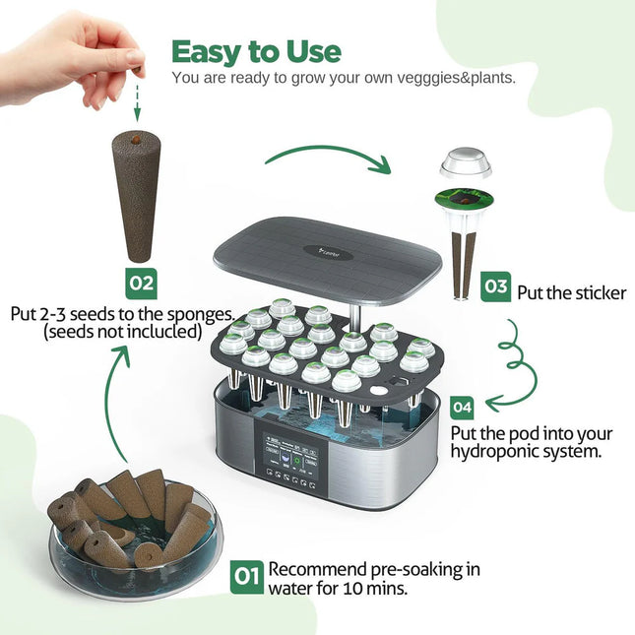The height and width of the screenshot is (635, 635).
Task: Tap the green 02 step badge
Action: click(142, 284)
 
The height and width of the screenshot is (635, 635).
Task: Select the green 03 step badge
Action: click(495, 288)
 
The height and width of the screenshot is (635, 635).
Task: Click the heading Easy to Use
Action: click(256, 51)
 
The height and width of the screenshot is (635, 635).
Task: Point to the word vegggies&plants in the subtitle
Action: click(458, 77)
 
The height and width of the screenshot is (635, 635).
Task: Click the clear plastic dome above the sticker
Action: click(465, 163)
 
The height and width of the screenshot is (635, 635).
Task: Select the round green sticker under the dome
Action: click(465, 200)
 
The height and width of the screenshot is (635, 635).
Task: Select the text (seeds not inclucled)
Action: click(122, 333)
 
